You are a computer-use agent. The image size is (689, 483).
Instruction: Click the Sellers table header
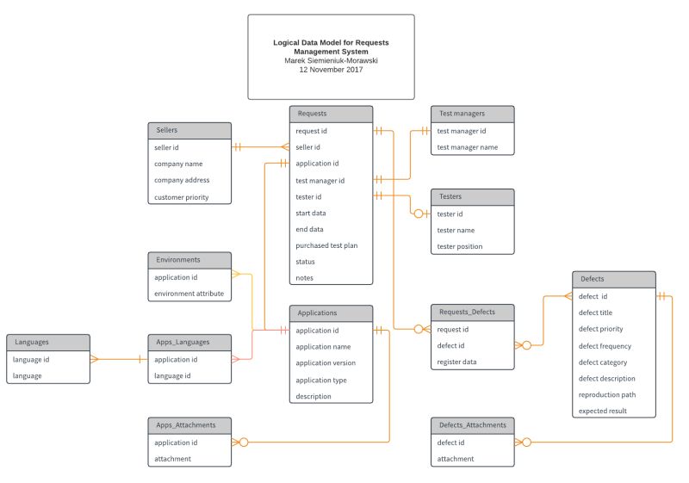pos(189,130)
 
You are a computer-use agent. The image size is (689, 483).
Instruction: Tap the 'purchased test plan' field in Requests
pos(326,245)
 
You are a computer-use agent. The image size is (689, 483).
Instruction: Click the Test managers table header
pos(472,114)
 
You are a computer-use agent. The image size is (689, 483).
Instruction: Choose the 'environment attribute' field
pos(189,294)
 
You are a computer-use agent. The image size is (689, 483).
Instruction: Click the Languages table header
pos(47,342)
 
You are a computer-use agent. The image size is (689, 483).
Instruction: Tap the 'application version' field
pos(326,363)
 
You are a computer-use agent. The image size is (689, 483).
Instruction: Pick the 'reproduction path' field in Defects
pos(607,394)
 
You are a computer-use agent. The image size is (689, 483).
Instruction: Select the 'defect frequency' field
pos(605,346)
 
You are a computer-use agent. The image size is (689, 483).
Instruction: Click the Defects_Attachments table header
pos(472,424)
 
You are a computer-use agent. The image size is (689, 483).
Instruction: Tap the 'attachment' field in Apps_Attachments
pos(172,459)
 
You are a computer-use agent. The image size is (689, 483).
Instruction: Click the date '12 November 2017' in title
pos(331,70)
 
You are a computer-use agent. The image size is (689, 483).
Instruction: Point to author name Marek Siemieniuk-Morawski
pos(331,61)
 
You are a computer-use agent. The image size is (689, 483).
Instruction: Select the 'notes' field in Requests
pos(305,278)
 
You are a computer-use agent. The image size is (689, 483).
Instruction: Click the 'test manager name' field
pos(468,147)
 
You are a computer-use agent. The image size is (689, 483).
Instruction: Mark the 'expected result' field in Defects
pos(603,411)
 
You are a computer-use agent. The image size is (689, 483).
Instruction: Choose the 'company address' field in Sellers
pos(182,181)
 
